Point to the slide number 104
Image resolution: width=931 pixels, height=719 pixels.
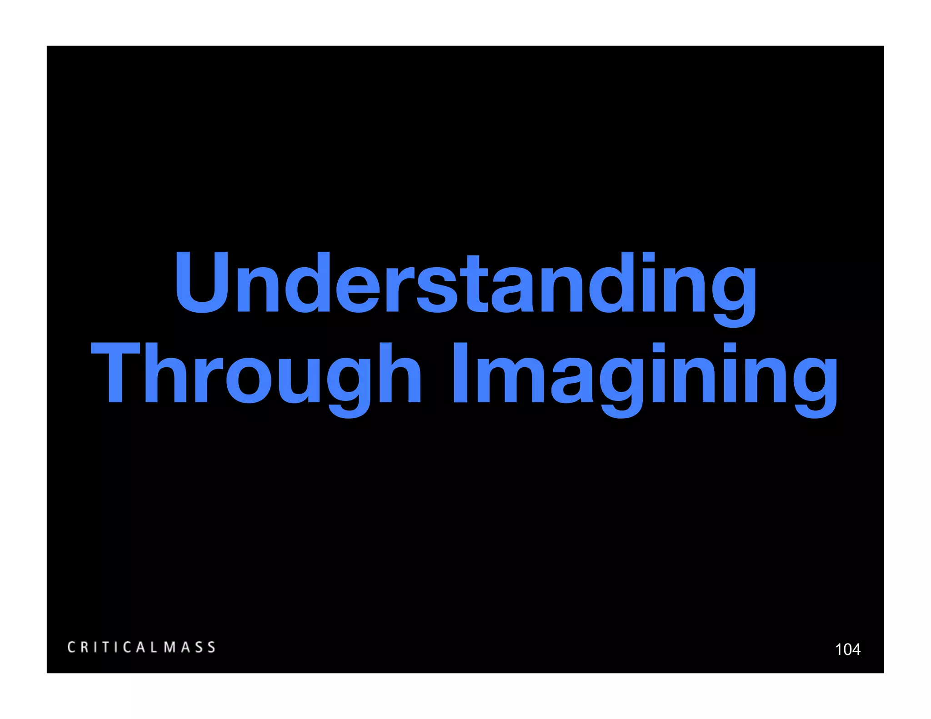pos(847,649)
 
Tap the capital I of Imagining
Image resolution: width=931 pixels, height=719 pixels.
pos(460,373)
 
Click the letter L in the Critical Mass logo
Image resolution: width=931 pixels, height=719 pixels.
pos(153,647)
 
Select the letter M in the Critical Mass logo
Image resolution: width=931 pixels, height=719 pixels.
pos(170,647)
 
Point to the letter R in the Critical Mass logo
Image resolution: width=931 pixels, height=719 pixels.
pos(85,647)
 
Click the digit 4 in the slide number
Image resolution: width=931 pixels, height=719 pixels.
pos(855,649)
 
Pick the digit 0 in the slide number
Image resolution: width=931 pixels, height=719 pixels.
pos(847,649)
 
